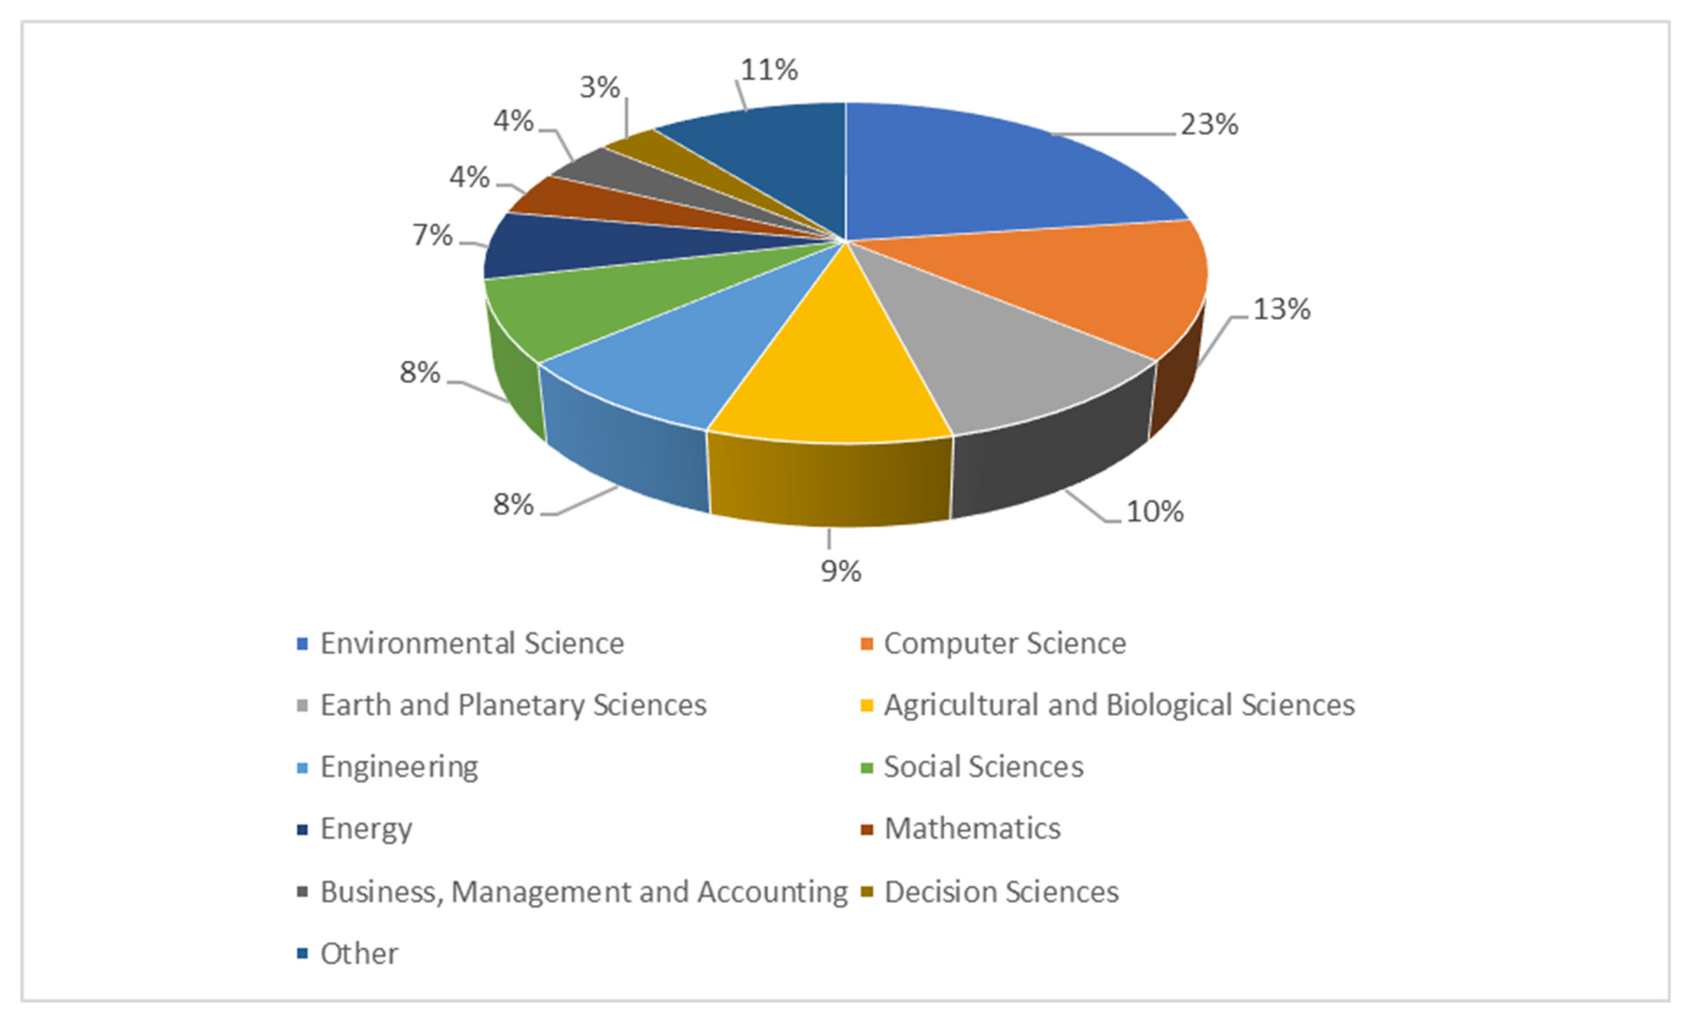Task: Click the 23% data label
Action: tap(1209, 125)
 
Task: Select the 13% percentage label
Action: tap(1282, 310)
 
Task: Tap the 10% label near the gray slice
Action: tap(1155, 511)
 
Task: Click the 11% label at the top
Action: tap(769, 70)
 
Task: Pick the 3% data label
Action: tap(600, 87)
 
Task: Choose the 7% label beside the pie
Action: tap(432, 235)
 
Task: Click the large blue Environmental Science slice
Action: tap(989, 172)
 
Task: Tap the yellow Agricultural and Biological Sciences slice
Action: tap(838, 371)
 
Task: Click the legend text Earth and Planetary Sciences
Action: tap(513, 705)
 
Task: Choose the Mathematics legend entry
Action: tap(972, 829)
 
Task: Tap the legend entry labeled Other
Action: tap(359, 954)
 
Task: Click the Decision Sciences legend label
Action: tap(1001, 892)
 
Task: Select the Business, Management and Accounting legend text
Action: tap(584, 892)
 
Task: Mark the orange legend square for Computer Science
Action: tap(867, 644)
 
